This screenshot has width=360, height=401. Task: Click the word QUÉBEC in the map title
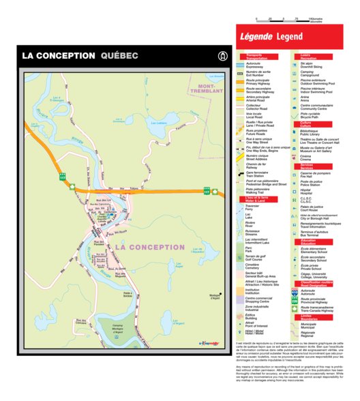119,56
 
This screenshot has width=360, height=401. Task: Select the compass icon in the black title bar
220,56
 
